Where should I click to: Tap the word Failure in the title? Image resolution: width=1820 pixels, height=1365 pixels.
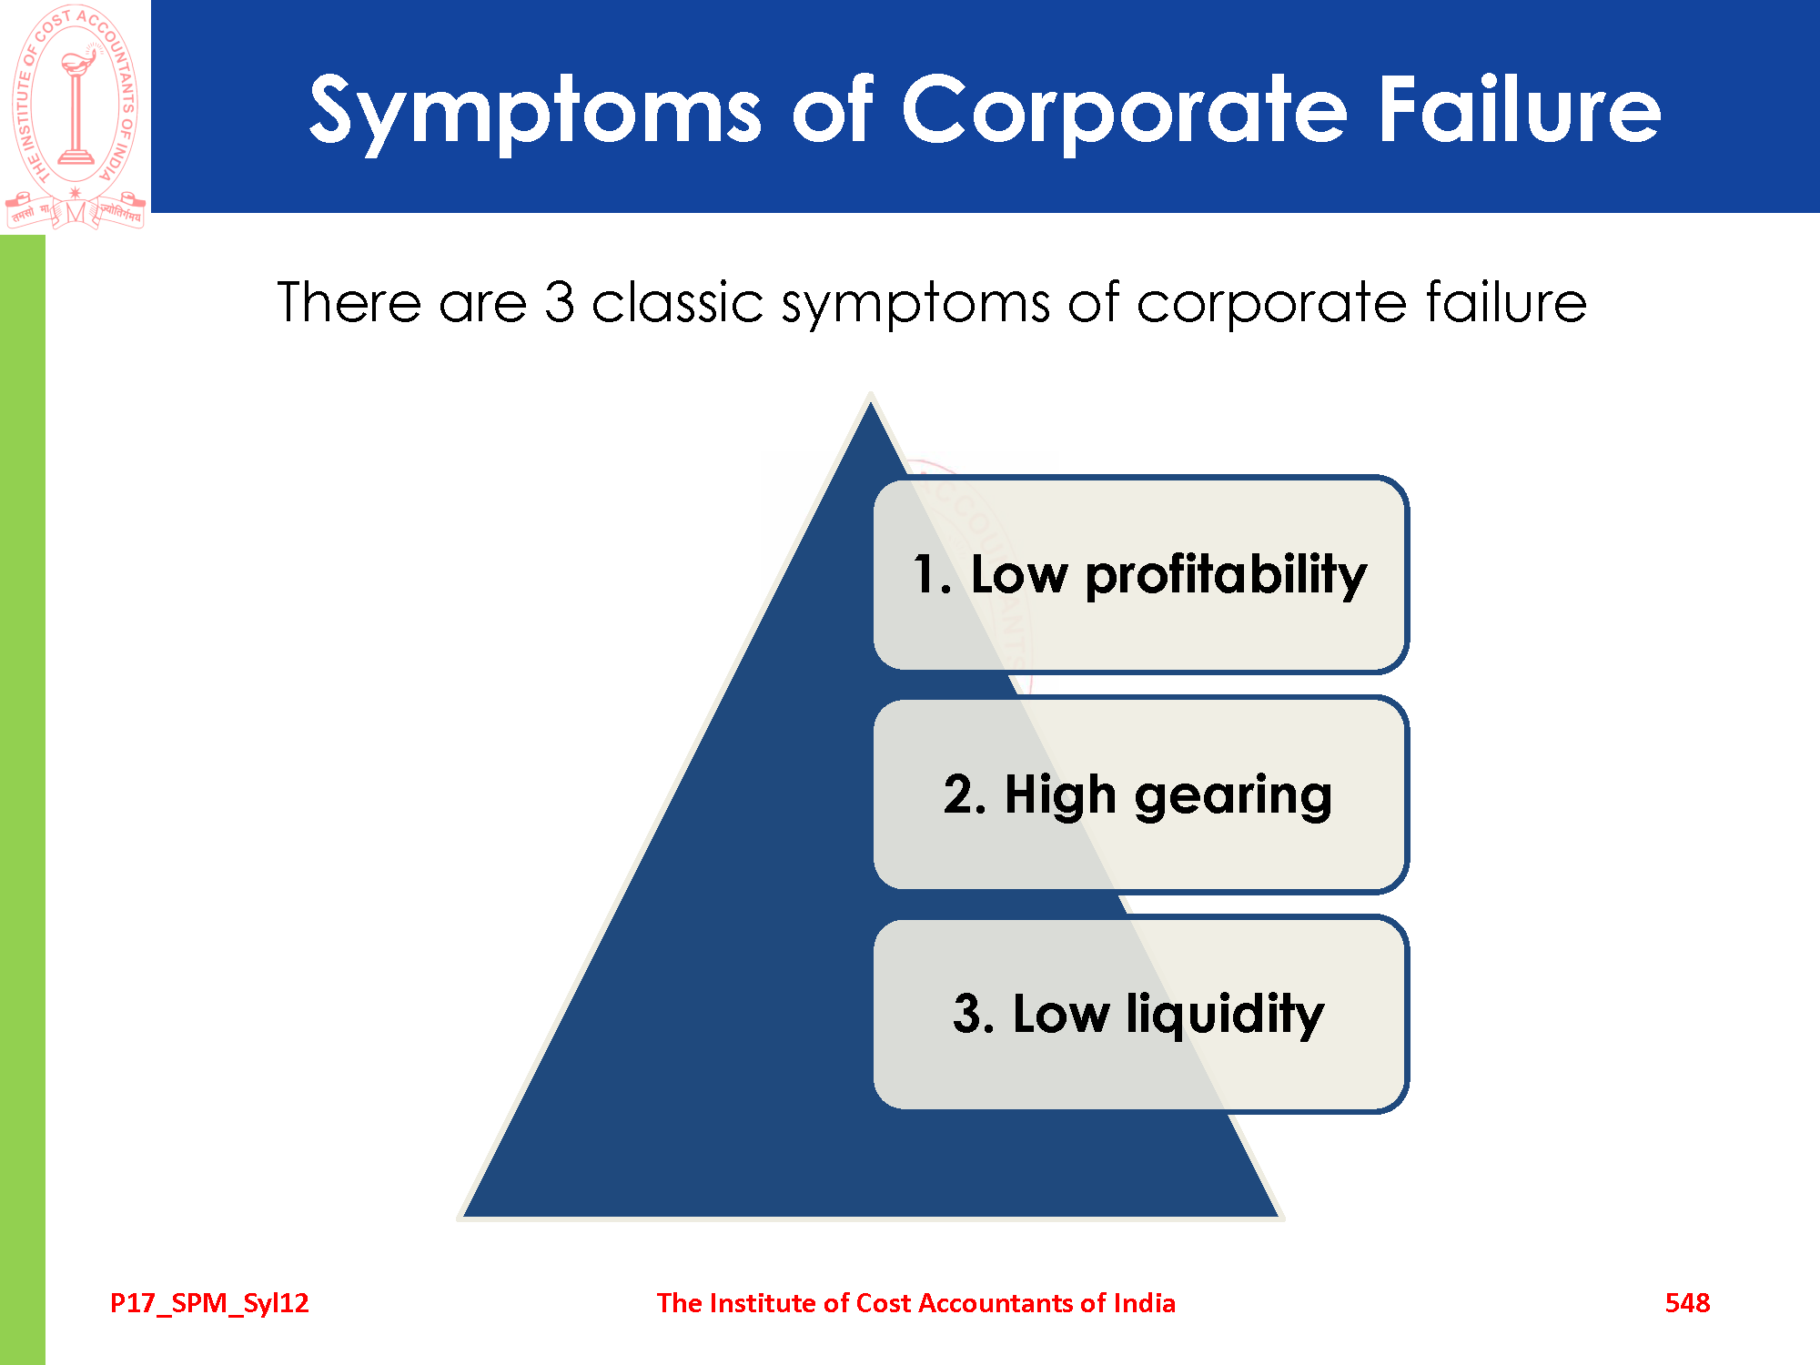click(1520, 109)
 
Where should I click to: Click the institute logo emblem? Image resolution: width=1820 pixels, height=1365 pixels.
click(76, 116)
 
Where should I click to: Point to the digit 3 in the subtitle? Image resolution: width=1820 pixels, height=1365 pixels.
click(560, 302)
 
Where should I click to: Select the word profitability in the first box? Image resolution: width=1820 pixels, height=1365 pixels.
click(1226, 576)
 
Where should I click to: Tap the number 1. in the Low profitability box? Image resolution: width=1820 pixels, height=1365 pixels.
click(933, 574)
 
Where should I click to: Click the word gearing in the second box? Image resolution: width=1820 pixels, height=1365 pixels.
click(1233, 796)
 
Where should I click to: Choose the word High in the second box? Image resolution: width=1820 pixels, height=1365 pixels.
click(1060, 794)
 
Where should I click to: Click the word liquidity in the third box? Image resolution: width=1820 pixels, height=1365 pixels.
click(1225, 1015)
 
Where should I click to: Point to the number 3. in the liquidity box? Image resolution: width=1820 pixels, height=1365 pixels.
click(973, 1014)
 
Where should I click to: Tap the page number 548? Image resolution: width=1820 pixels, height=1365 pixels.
click(1687, 1303)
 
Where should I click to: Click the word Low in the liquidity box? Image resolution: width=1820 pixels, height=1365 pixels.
click(1061, 1014)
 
